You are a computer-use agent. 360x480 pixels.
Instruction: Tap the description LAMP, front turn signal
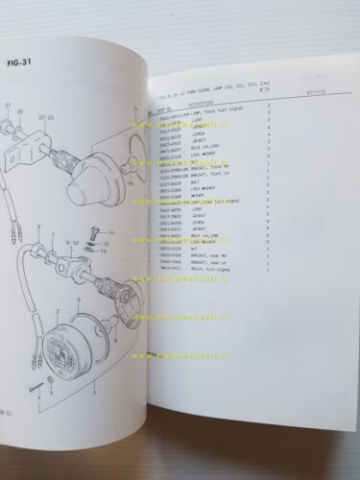click(216, 114)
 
